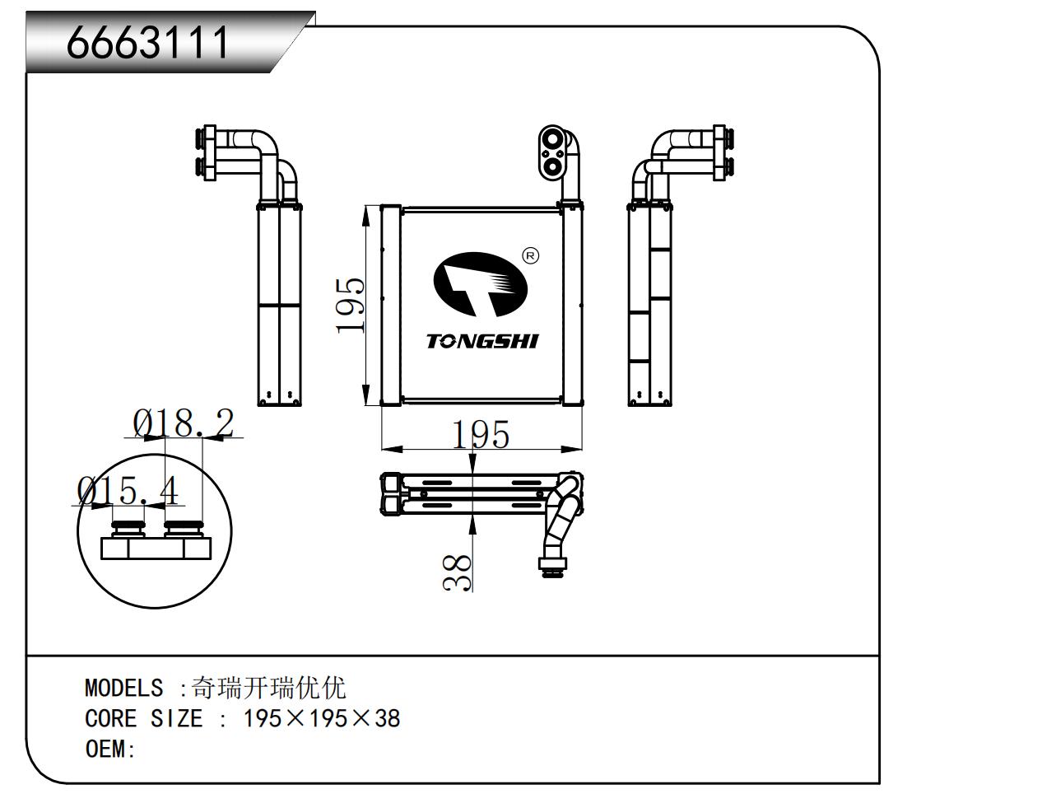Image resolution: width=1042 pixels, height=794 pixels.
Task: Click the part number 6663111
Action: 148,42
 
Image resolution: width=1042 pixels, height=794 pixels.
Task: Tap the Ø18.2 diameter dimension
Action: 184,423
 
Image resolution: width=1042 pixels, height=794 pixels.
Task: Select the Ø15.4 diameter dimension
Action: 128,492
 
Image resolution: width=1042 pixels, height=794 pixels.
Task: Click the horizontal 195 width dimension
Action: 481,435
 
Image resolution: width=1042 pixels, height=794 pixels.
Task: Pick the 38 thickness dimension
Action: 458,572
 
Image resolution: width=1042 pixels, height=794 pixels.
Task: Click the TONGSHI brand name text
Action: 482,341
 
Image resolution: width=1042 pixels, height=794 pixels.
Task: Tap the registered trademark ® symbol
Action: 531,255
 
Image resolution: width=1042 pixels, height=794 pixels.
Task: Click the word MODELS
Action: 123,688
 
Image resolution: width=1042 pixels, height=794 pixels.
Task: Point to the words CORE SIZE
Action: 143,719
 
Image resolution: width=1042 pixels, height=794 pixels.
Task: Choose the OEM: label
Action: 109,750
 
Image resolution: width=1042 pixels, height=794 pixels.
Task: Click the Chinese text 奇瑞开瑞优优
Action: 268,688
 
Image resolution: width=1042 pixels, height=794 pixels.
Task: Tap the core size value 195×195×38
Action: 322,719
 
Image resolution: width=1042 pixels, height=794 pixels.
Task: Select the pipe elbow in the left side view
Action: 272,152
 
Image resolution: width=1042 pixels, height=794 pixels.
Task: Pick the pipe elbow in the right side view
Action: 663,152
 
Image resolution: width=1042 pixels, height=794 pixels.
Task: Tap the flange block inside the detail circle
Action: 154,547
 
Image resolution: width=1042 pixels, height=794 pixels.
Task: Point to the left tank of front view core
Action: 389,305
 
